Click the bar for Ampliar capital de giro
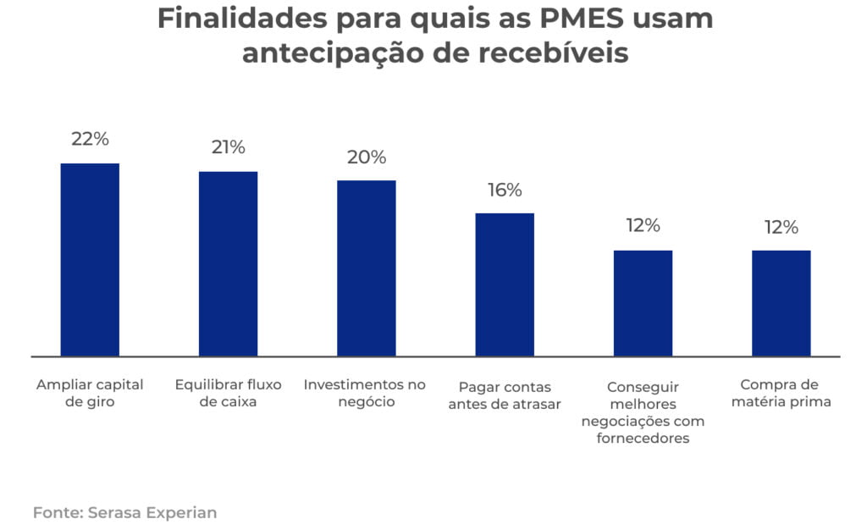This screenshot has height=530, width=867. click(90, 259)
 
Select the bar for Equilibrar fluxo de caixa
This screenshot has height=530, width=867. click(228, 263)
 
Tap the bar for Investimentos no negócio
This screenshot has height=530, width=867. click(366, 268)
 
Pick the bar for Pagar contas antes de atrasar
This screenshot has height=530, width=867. click(505, 284)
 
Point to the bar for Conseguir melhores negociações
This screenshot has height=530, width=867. click(643, 303)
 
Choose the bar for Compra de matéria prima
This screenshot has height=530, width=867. click(781, 303)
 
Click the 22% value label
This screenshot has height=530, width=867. click(90, 139)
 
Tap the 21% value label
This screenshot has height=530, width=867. click(228, 147)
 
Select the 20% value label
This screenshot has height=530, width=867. click(366, 157)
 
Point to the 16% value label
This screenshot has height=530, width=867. click(505, 190)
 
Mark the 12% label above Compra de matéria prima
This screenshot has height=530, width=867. click(781, 227)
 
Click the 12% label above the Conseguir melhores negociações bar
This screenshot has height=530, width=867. click(643, 225)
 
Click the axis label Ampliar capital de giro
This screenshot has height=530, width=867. click(90, 393)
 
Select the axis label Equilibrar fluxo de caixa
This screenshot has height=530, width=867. click(228, 393)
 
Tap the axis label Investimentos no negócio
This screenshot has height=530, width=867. click(365, 393)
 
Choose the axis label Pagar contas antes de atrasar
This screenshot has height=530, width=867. click(505, 395)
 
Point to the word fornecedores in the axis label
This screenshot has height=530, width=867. click(643, 439)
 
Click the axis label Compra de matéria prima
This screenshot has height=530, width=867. click(781, 393)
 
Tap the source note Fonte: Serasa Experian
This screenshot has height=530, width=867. click(124, 512)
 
